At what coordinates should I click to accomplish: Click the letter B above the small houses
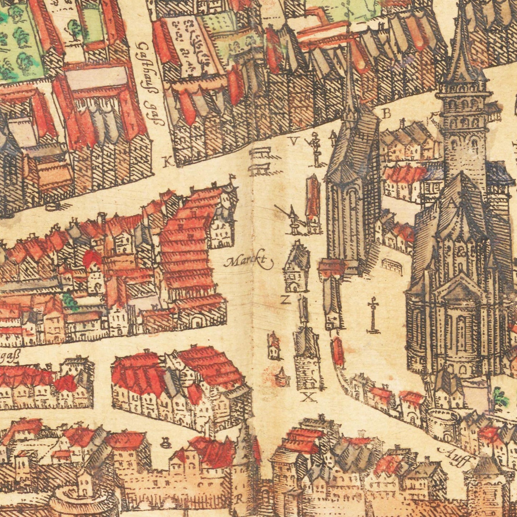pos(386,114)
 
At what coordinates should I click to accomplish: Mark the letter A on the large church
pos(452,203)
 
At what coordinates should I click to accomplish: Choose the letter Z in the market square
pos(285,300)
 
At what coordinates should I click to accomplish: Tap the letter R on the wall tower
pos(239,497)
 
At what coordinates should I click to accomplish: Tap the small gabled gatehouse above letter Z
pos(296,267)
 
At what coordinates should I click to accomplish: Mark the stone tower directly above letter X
pos(307,358)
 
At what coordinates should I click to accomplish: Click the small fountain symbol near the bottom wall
pos(165,444)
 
